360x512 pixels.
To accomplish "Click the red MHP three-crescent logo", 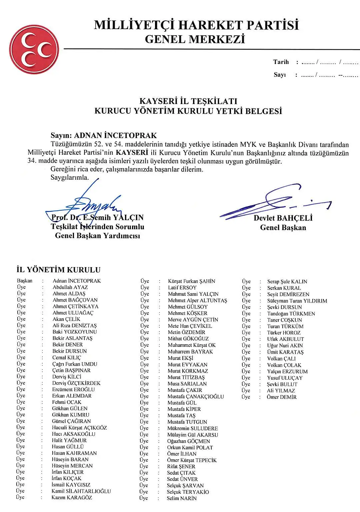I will (34, 49).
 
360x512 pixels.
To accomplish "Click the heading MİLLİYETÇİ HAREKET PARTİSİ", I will (196, 25).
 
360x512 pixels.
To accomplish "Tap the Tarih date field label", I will (281, 62).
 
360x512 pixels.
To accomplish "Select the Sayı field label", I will (280, 75).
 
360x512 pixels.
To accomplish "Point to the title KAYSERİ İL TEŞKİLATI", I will (188, 101).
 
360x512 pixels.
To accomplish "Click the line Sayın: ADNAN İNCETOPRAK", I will (104, 135).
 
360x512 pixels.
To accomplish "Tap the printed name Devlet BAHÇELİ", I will (283, 218).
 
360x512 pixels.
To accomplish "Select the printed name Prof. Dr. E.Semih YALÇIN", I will (98, 218).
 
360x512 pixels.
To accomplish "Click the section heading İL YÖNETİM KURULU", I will (58, 270).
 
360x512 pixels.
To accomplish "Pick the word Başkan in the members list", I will (25, 281).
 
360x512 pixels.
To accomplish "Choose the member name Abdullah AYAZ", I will (70, 287).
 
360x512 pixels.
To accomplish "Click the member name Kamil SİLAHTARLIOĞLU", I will (81, 491).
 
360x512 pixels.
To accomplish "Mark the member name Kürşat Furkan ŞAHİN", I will (191, 281).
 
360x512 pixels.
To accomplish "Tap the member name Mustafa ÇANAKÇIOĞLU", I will (195, 397).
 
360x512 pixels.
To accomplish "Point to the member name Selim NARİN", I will (182, 498).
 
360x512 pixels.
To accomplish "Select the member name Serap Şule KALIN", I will (287, 282).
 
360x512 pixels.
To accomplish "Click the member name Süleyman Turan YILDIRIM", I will (297, 301).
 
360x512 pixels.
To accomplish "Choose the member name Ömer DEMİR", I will (281, 397).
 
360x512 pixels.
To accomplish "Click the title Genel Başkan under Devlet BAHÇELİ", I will (283, 228).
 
